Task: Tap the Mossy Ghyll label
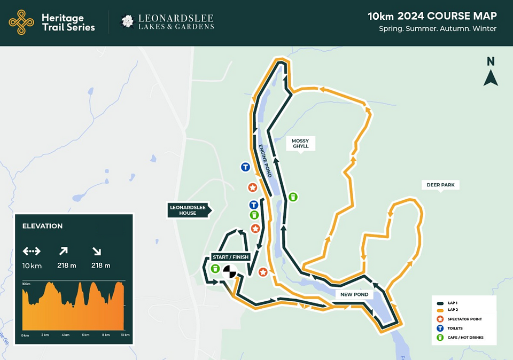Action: coord(300,143)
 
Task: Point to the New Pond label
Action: coord(354,294)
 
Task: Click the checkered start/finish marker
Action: coord(230,271)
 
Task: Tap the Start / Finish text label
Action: coord(230,257)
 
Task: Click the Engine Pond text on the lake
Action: coord(265,161)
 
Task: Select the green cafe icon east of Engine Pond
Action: coord(293,197)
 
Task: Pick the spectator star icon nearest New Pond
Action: coord(263,272)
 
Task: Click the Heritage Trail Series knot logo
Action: coord(21,22)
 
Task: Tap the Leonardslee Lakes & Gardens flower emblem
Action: coord(128,22)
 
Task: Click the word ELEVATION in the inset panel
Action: coord(42,226)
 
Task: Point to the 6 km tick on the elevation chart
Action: coord(85,335)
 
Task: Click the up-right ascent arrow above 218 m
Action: coord(63,251)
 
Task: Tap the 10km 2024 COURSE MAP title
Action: coord(432,16)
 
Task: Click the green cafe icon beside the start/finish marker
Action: coord(215,269)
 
